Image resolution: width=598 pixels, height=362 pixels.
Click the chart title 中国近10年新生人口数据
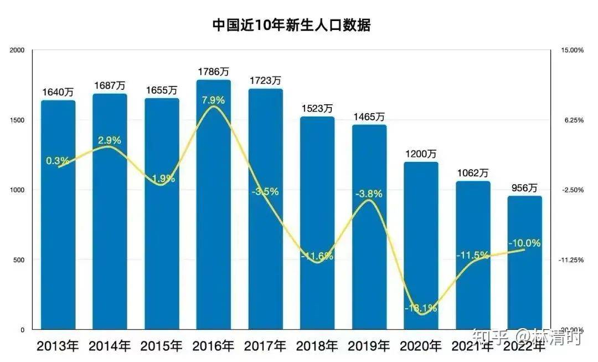point(291,25)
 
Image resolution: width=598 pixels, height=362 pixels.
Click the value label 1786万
point(214,72)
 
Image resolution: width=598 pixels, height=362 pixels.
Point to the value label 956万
point(525,188)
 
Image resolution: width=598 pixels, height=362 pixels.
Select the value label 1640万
point(58,92)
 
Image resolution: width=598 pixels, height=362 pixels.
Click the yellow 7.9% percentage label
point(213,100)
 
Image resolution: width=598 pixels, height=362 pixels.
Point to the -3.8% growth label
point(370,193)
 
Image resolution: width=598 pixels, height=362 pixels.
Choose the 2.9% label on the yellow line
point(110,140)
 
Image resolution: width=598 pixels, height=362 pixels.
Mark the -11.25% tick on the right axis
point(572,259)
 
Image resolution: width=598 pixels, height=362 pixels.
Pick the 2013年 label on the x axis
point(58,346)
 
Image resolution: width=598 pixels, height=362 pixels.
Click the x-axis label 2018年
point(317,346)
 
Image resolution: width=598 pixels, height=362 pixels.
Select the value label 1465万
point(369,117)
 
